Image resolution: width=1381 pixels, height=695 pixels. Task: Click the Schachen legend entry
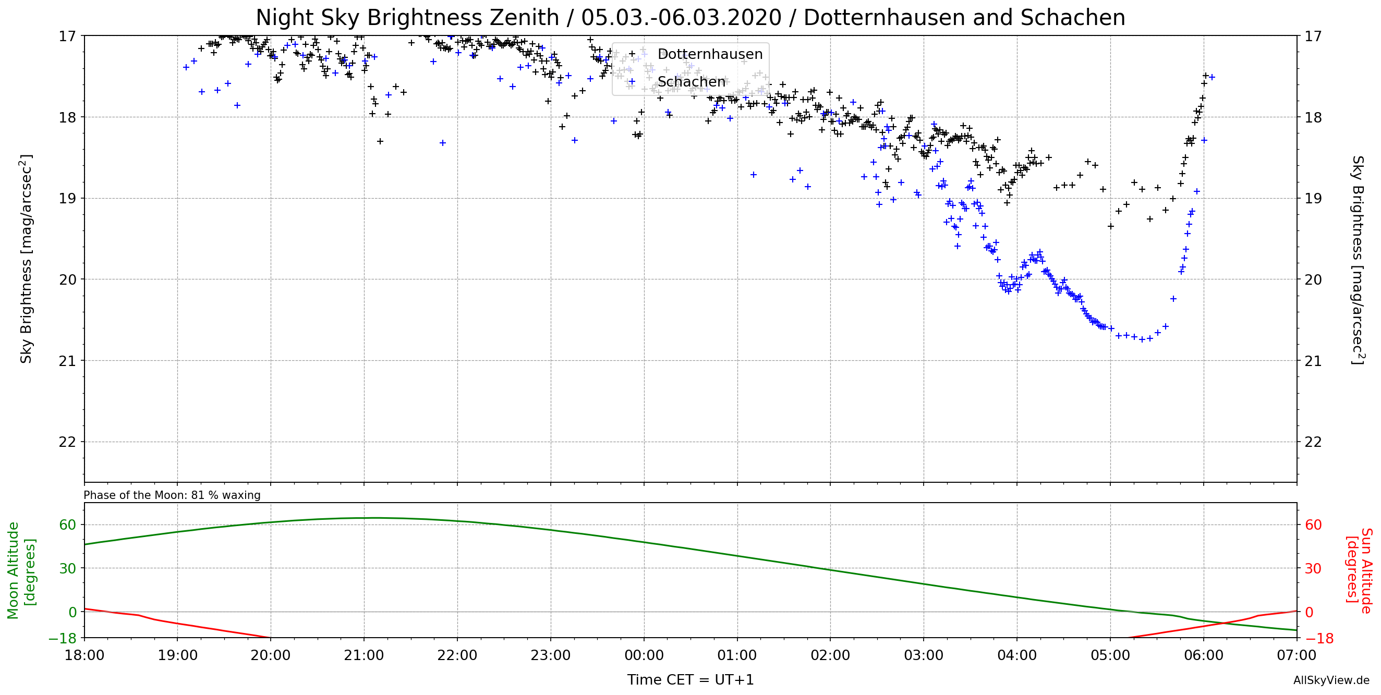pos(691,82)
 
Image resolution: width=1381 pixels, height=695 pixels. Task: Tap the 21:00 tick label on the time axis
pos(364,655)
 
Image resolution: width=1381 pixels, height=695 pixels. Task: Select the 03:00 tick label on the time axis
pos(923,655)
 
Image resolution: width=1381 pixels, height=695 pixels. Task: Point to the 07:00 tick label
pos(1297,655)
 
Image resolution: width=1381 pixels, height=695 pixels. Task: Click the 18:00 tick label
pos(84,655)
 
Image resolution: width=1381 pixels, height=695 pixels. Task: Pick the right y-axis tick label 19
pos(1313,198)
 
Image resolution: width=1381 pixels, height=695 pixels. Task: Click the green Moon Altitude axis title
pos(21,570)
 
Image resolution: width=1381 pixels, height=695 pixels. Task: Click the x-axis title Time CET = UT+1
pos(690,680)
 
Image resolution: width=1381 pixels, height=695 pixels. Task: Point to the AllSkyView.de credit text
pos(1331,680)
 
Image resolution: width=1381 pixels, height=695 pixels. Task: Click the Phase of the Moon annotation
pos(172,495)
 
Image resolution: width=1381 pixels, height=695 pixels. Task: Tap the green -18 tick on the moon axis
pos(62,638)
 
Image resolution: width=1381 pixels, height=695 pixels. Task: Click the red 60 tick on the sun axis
pos(1313,525)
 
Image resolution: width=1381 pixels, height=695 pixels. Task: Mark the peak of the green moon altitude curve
pos(375,518)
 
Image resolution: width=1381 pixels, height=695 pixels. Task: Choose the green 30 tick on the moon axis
pos(68,568)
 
